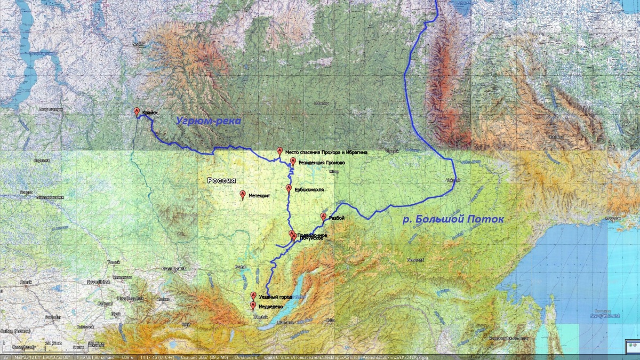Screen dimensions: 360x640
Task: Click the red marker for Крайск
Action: pos(137,111)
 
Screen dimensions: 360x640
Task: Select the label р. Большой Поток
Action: pos(453,219)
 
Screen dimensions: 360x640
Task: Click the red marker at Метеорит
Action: pos(243,195)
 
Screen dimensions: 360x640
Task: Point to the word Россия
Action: pos(221,181)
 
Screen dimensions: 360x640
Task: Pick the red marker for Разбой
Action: pos(323,217)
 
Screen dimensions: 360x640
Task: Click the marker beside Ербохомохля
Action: pos(289,188)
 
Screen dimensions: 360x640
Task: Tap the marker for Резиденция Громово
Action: pos(293,161)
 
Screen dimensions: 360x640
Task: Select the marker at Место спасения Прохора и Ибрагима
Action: pos(279,151)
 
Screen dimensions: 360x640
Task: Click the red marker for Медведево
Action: pos(253,306)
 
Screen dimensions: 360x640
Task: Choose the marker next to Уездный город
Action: pos(253,295)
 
